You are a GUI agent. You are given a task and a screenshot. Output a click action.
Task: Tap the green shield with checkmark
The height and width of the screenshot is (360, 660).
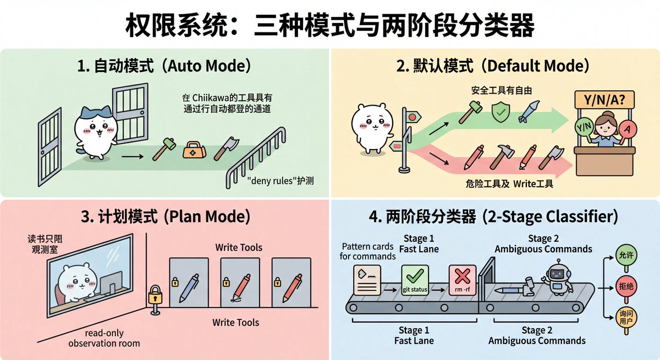click(x=499, y=112)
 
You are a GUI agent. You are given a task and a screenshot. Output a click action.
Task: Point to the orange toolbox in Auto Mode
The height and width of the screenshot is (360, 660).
click(x=193, y=149)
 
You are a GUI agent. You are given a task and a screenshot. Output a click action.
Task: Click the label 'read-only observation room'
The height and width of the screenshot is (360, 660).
click(x=104, y=338)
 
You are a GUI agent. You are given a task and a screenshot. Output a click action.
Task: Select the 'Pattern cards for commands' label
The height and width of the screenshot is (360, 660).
click(x=368, y=251)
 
